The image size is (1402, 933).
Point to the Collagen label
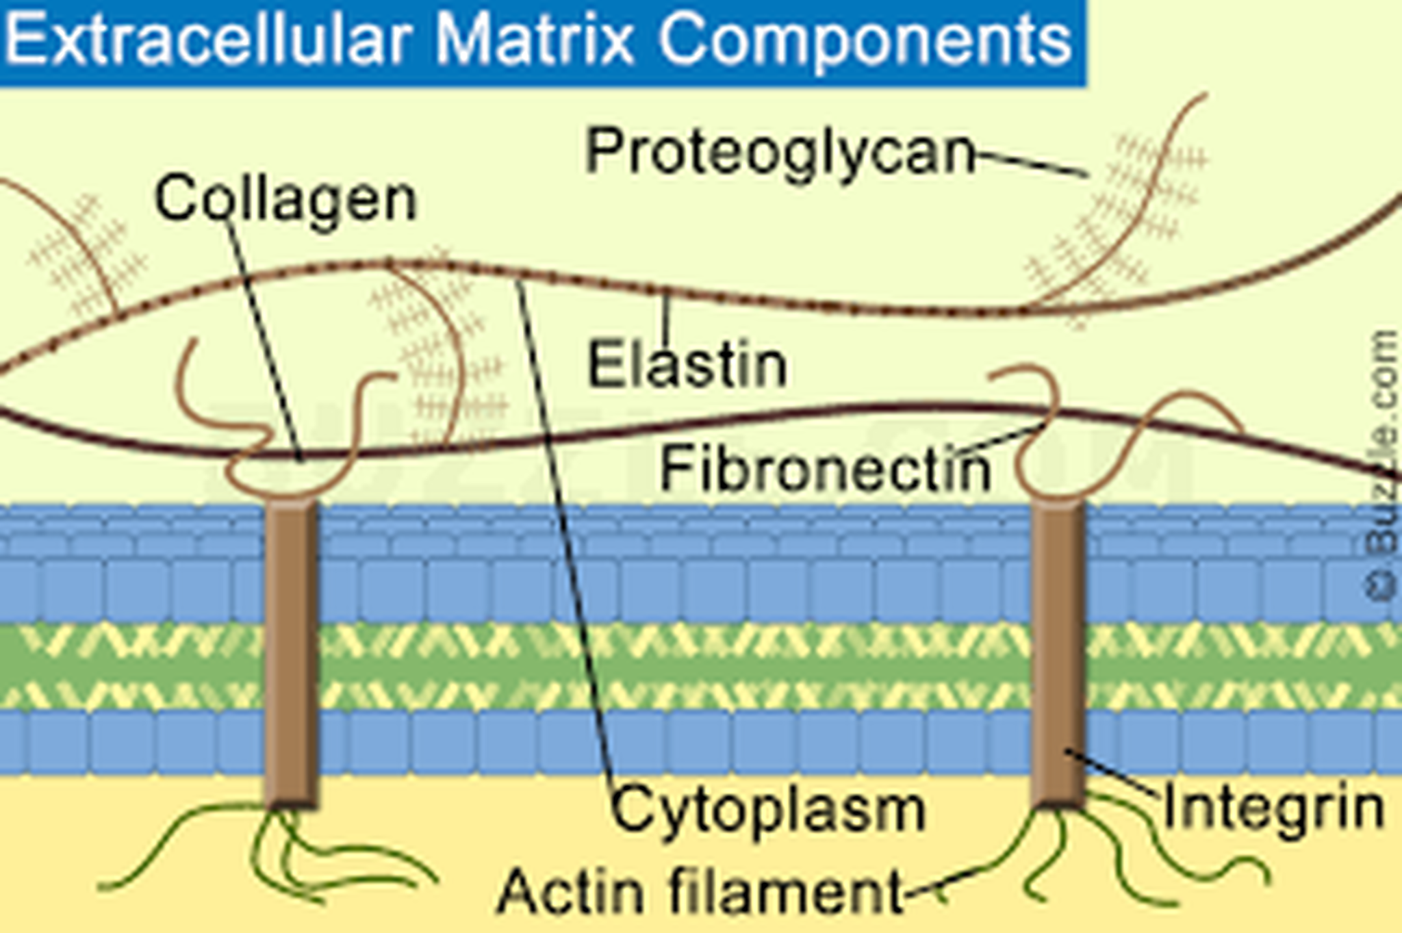[285, 200]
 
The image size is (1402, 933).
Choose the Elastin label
[687, 365]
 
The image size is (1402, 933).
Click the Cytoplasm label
[768, 810]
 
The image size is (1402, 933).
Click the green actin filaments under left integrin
[274, 849]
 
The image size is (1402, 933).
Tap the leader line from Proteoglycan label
[1031, 163]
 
